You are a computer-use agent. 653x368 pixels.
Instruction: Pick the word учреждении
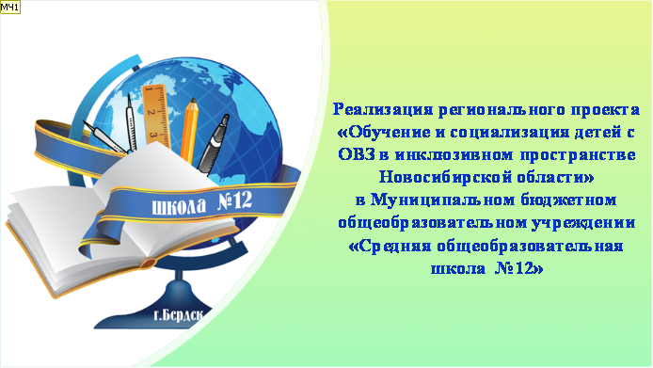(583, 223)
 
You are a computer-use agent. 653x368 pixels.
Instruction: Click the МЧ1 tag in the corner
(10, 8)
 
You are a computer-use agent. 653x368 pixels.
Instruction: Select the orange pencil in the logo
(189, 131)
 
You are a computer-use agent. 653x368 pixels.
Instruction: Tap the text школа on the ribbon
(179, 206)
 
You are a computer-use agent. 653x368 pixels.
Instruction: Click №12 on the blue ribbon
(235, 201)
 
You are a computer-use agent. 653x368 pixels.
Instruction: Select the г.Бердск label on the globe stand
(178, 315)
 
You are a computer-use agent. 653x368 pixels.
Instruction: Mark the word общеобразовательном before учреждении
(432, 223)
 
